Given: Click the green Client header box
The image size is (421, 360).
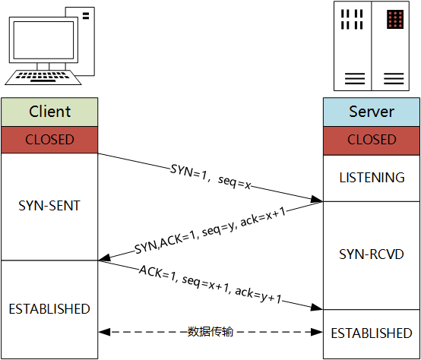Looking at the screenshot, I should [49, 112].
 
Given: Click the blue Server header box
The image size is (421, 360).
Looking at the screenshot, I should [372, 112].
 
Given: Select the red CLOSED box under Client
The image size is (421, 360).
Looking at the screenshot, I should [49, 140].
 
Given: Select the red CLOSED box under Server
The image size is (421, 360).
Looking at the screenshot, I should [372, 140].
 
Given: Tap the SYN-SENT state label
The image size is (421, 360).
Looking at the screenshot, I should [49, 206].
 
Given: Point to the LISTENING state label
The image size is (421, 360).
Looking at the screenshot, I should [372, 178].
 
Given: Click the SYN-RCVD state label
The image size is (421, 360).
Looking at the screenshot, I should [372, 254].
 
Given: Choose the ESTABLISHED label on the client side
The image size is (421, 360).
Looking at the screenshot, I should [49, 309].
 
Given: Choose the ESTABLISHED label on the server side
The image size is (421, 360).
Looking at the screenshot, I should [372, 333].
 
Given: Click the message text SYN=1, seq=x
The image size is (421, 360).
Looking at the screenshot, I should [210, 175].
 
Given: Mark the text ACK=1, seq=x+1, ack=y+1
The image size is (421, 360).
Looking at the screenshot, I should [210, 286].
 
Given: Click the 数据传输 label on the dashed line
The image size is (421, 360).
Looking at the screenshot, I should [210, 332].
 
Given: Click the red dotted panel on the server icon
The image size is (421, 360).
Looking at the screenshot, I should [394, 20].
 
